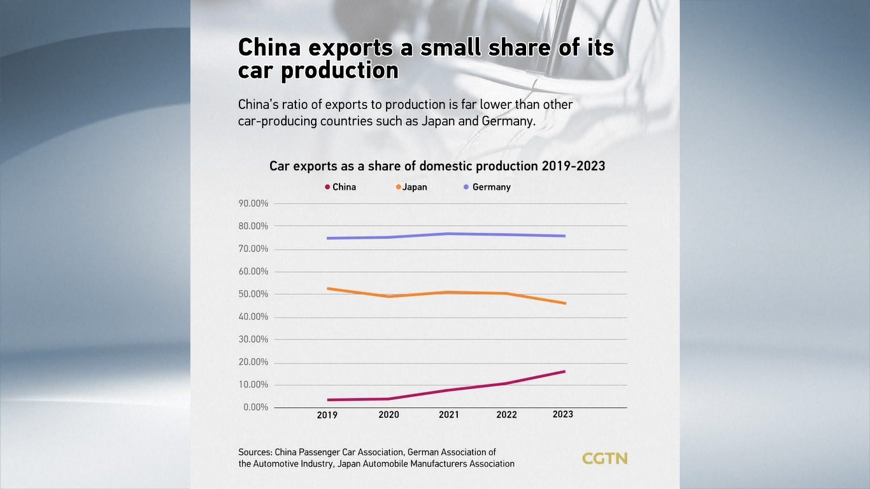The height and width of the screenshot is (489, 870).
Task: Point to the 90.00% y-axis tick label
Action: coord(253,204)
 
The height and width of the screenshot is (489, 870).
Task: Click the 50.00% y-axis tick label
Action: coord(253,294)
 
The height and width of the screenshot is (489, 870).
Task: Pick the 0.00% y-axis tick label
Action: coord(255,407)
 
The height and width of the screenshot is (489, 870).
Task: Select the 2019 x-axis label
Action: coord(327,415)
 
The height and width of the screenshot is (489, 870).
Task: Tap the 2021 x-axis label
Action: coord(449,415)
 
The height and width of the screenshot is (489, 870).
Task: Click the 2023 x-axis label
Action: coord(563,414)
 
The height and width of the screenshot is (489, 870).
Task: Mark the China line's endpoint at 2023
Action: coord(564,371)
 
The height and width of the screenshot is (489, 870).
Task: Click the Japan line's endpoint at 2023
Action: coord(564,303)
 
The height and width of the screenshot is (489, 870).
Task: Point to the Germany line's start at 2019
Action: coord(328,238)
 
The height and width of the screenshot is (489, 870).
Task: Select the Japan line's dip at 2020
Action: coord(388,296)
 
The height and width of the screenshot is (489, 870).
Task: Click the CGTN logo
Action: coord(604,458)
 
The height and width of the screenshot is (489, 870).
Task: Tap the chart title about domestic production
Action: coord(437,166)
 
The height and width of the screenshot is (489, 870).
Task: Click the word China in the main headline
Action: coord(269,48)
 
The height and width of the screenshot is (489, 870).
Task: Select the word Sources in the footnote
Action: coord(255,452)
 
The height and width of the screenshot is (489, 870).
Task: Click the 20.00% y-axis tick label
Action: coord(253,362)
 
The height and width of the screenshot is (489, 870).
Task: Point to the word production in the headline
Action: coord(339,71)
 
